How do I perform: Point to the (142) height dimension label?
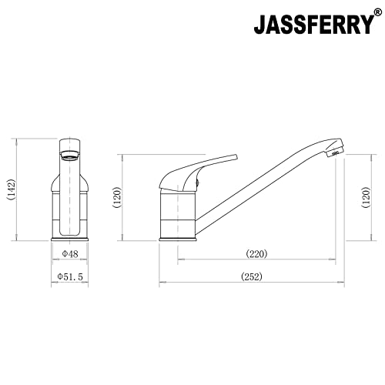point(11,190)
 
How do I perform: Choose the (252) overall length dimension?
point(252,276)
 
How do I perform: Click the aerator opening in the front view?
point(69,152)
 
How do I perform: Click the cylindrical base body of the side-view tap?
point(179,216)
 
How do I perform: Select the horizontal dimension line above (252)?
point(252,283)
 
